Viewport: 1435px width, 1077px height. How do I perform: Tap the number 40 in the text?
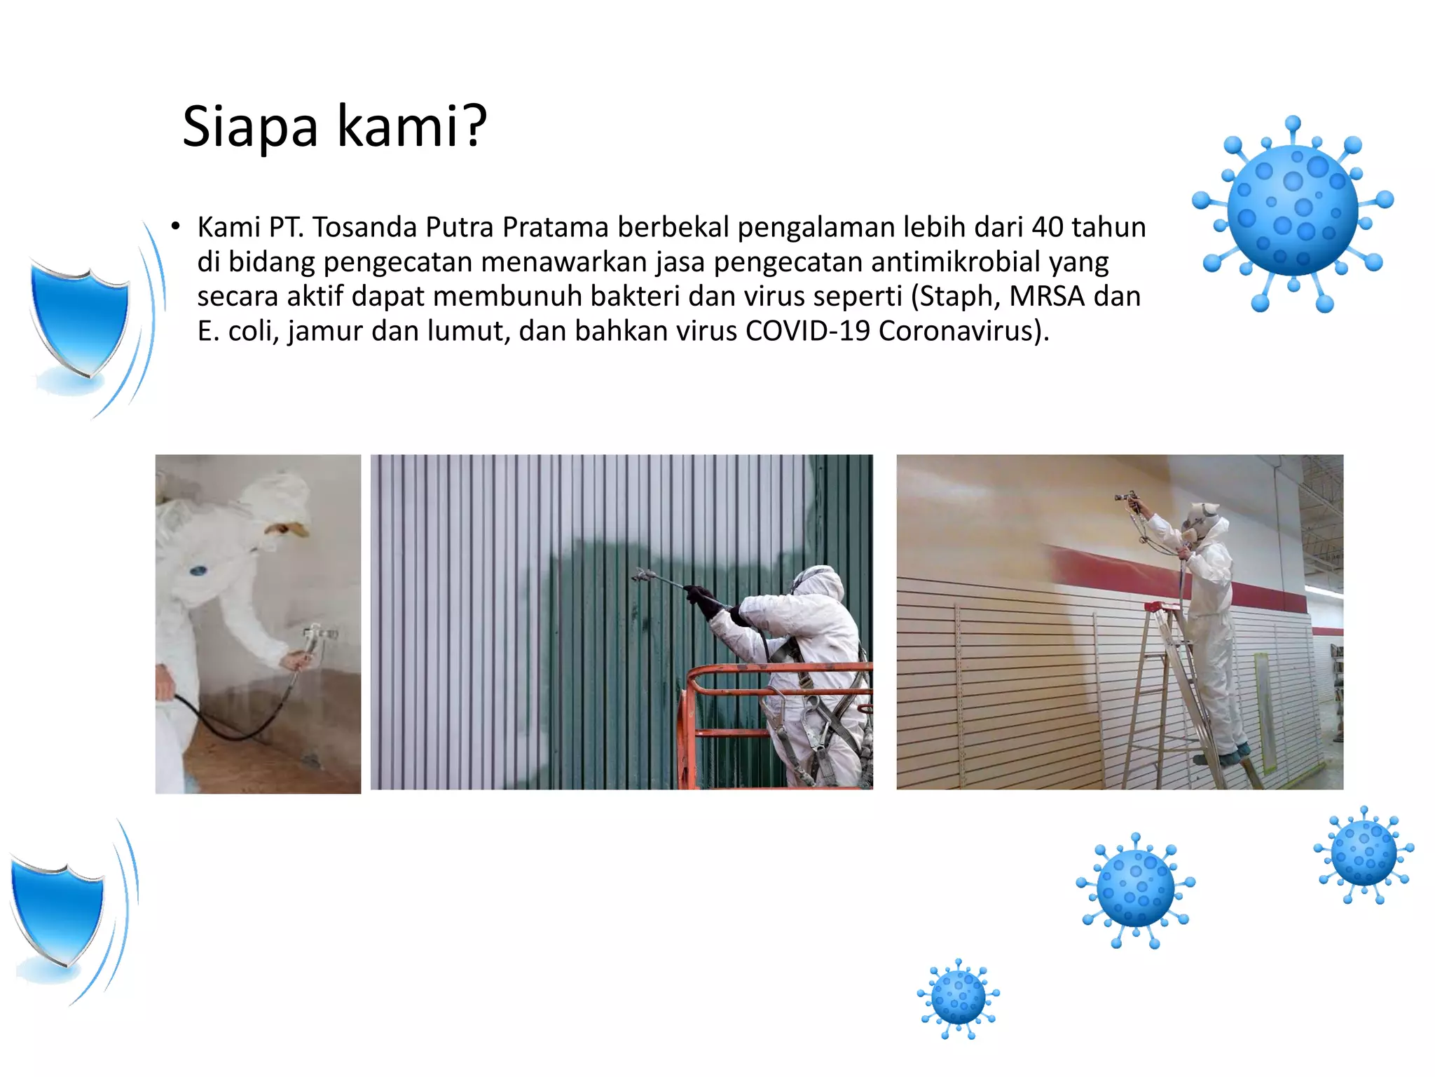pos(1047,228)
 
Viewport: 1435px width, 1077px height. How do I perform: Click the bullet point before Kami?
pos(175,226)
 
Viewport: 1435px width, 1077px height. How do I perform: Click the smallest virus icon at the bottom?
pos(959,998)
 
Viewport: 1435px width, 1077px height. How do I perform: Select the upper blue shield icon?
pos(81,319)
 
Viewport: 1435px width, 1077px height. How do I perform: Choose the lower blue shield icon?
pos(58,912)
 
